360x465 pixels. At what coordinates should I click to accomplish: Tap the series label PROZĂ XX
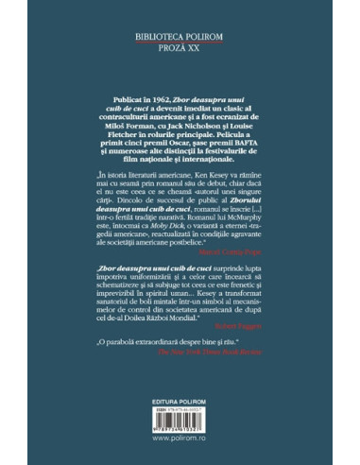tap(180, 57)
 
